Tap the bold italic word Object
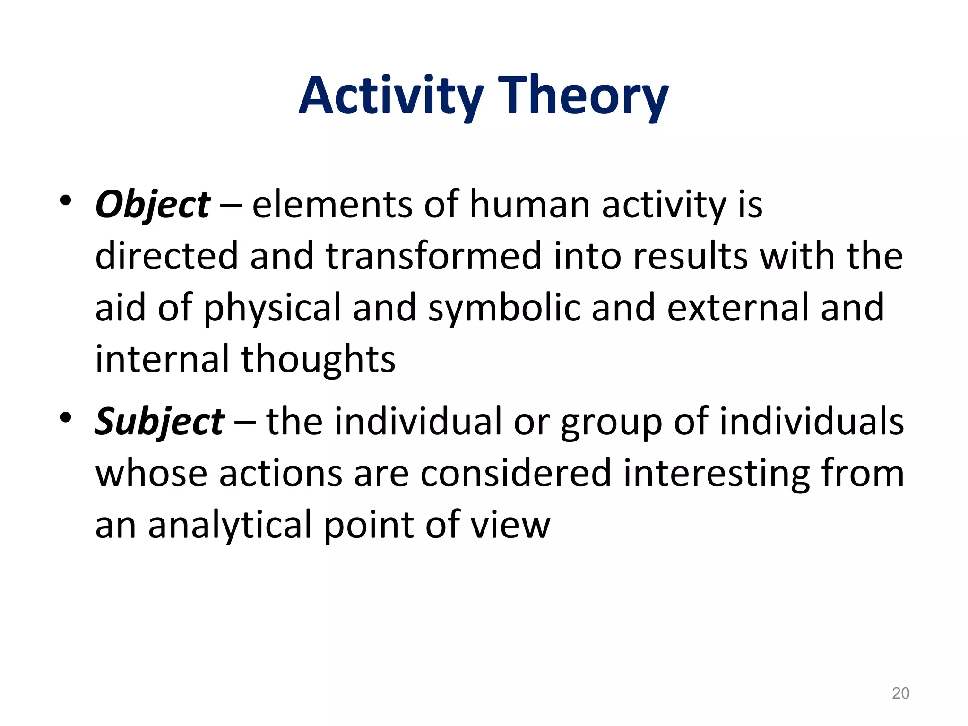pos(153,205)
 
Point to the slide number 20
pos(900,693)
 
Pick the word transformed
pos(433,256)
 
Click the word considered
pos(515,474)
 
